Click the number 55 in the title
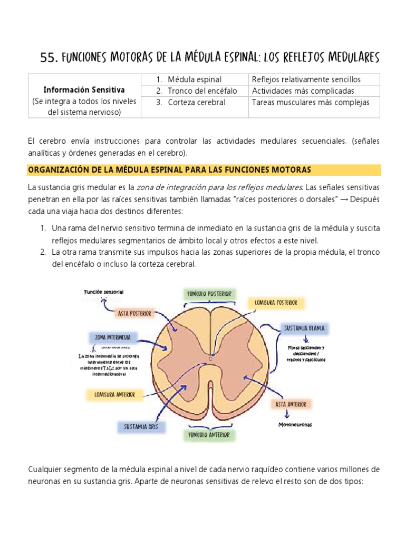tap(49, 57)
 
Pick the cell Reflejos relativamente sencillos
tap(306, 79)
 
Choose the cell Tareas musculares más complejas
tap(311, 103)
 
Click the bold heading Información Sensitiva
tap(84, 90)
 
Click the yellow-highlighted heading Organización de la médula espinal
tap(169, 169)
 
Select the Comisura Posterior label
tap(276, 303)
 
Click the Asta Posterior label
tap(134, 314)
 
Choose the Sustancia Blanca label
tap(304, 328)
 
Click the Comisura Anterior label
tap(115, 394)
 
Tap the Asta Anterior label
tap(291, 404)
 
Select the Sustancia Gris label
tap(141, 426)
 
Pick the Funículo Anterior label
tap(209, 435)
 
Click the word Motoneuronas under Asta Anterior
tap(295, 424)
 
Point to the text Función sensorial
tap(103, 292)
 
